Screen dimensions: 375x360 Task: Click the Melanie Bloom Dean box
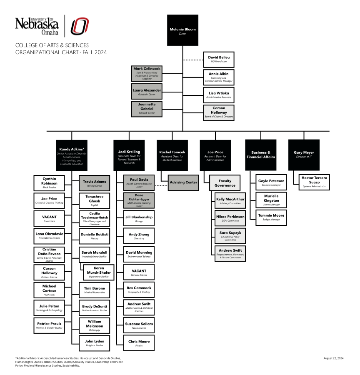pos(182,30)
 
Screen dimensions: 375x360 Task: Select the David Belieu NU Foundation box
pos(219,59)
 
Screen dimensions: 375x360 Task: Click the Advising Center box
pos(183,182)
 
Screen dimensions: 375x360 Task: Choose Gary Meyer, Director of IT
pos(304,155)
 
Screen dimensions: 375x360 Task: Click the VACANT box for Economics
pos(49,219)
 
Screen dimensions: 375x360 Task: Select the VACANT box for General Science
pos(139,272)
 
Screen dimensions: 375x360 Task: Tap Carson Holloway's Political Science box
pos(49,272)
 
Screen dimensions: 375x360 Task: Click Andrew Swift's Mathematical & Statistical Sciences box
pos(139,307)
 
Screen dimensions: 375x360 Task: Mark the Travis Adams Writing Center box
pos(95,183)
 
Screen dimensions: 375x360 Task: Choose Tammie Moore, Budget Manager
pos(271,217)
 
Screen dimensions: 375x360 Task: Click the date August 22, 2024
pos(334,358)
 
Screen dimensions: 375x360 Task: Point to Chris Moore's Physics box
pos(139,343)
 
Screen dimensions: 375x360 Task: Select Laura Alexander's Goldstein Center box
pos(146,92)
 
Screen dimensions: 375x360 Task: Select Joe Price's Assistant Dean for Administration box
pos(215,155)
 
